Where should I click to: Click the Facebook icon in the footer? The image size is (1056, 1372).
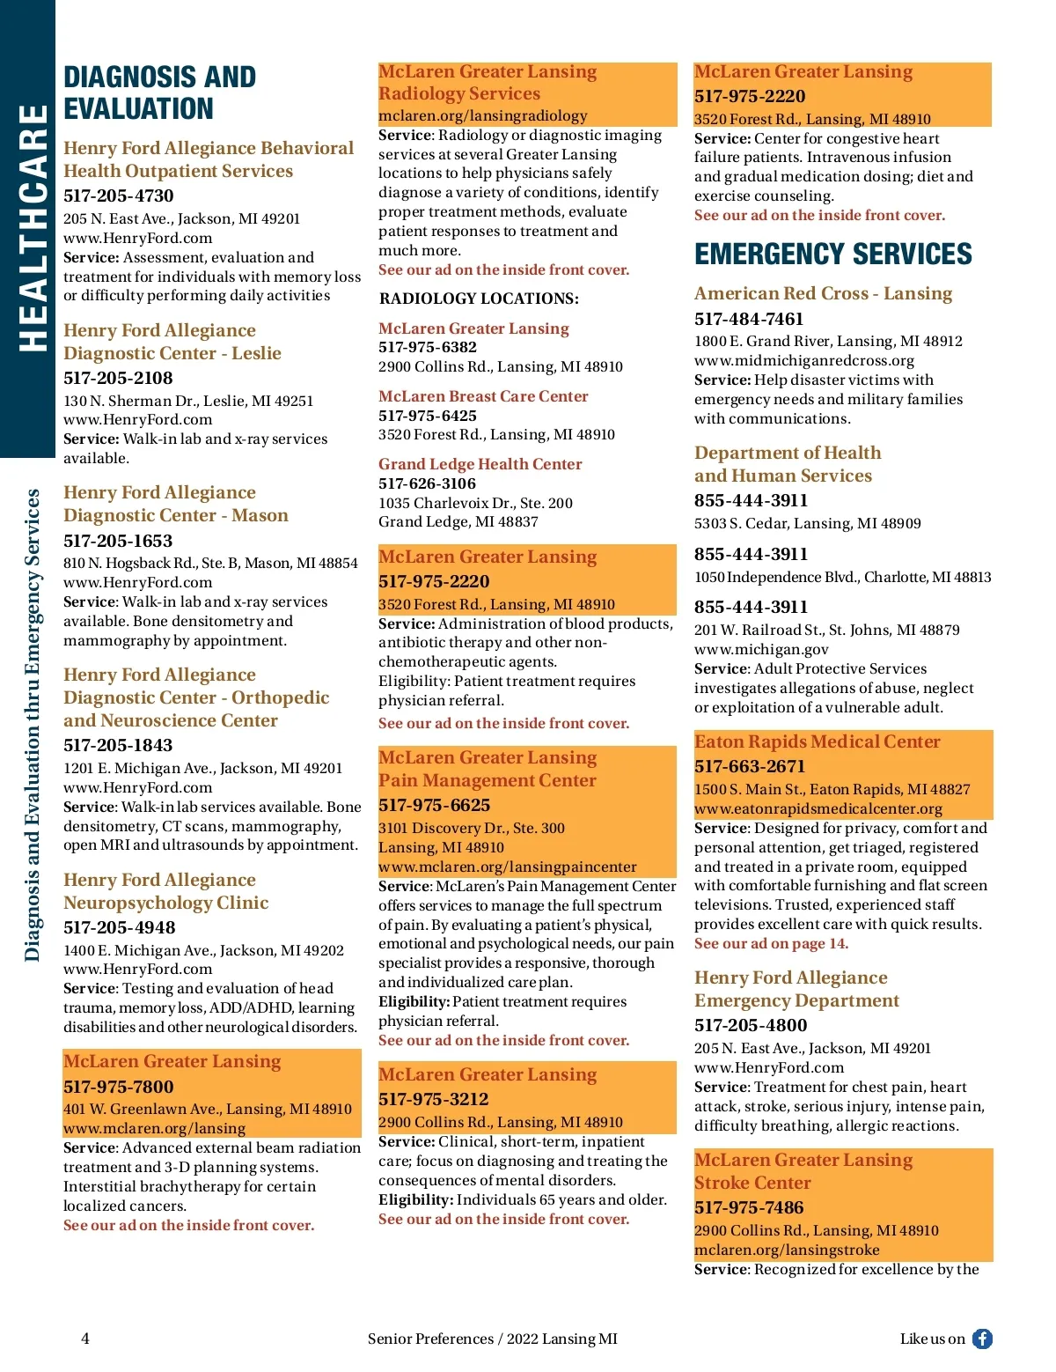982,1339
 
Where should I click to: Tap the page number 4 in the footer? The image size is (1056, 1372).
85,1339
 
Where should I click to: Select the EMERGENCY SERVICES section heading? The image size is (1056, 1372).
832,254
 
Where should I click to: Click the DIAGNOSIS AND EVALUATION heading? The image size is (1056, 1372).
159,92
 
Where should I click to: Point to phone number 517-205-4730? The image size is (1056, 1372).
119,195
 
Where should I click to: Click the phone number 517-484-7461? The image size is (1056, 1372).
749,319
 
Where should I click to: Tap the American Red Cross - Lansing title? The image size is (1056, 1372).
823,293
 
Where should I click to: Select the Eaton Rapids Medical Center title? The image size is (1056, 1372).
817,741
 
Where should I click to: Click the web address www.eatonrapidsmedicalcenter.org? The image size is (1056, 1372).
818,808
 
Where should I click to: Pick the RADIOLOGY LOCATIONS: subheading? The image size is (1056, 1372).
479,299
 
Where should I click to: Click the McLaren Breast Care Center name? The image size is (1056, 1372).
483,396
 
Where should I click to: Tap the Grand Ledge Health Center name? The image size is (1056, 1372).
480,464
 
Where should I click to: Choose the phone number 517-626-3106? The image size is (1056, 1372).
427,483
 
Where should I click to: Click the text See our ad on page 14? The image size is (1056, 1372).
771,943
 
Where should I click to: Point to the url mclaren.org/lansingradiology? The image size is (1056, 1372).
482,115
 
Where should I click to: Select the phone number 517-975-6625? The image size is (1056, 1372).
434,805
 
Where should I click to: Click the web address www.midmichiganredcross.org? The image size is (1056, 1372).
803,360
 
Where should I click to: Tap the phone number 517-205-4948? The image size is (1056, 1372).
119,927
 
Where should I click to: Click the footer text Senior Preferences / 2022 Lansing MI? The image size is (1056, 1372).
492,1339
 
